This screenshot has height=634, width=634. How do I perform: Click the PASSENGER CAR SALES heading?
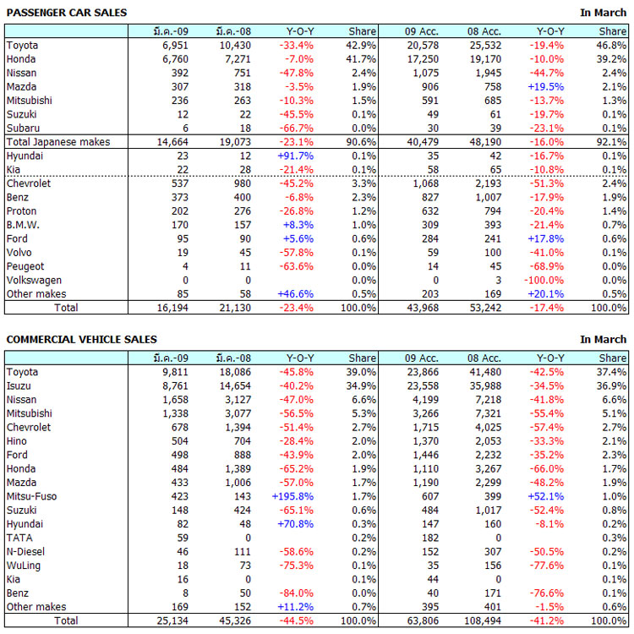(x=67, y=13)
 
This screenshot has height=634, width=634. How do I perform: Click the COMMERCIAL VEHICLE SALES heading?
(x=81, y=339)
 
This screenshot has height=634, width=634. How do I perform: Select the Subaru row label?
(x=22, y=128)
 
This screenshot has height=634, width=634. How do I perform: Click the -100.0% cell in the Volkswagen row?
(x=544, y=280)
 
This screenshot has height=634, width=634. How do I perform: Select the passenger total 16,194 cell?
(x=171, y=307)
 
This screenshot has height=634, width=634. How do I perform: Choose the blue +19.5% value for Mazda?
(x=545, y=86)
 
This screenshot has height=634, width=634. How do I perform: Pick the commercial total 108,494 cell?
(x=482, y=620)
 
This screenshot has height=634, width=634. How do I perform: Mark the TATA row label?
(x=19, y=538)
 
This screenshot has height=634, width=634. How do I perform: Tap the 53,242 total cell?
(x=484, y=307)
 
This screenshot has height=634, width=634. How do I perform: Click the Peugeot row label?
(x=25, y=266)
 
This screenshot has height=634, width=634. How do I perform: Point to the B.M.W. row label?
(x=23, y=225)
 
